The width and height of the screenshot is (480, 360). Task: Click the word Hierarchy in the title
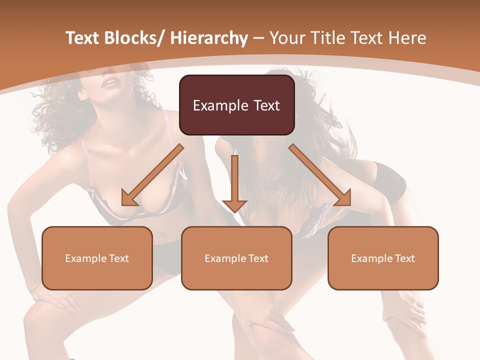(x=209, y=38)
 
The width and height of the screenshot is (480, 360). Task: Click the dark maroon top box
(x=236, y=105)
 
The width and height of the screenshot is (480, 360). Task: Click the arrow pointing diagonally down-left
(x=152, y=175)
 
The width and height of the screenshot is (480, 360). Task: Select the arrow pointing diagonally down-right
(x=320, y=175)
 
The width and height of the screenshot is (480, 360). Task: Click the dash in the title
(x=258, y=38)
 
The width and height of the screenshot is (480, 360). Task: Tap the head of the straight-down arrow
(x=234, y=205)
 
